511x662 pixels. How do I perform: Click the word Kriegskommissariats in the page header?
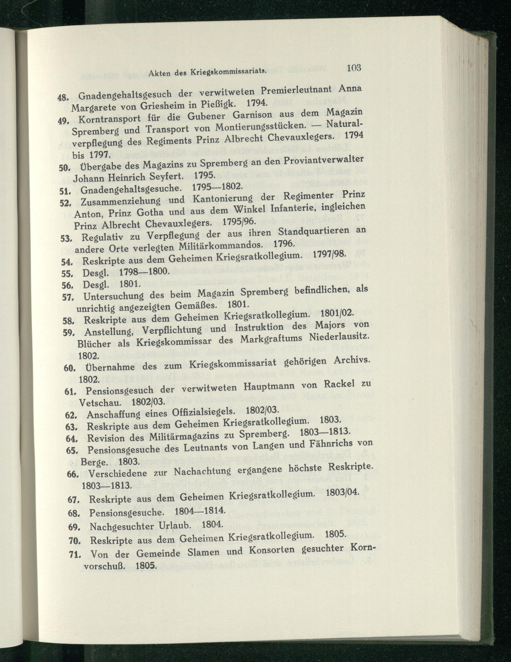coord(228,72)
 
